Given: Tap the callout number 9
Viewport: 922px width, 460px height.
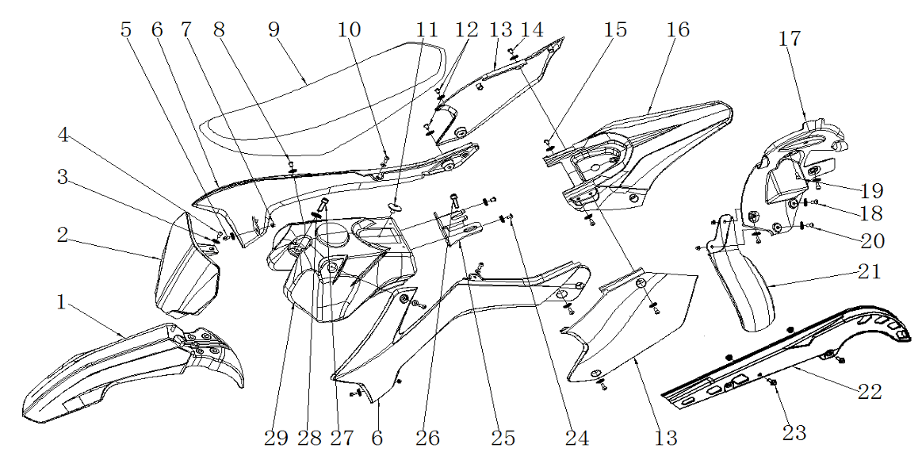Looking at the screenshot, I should click(x=274, y=30).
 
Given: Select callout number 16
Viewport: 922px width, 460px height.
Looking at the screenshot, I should click(x=678, y=30).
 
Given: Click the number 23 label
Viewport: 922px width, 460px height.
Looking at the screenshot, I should click(x=794, y=432).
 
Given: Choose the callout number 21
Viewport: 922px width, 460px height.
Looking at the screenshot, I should click(x=869, y=272).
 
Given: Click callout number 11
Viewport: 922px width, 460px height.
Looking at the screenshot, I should click(x=427, y=30).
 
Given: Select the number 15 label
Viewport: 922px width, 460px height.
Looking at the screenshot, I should click(x=614, y=30).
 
